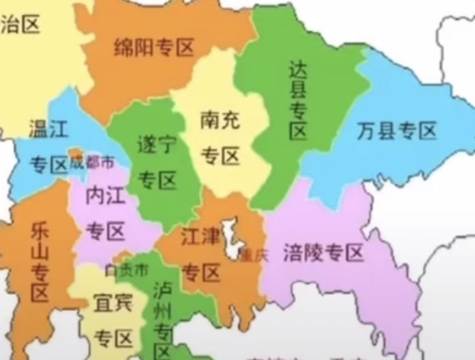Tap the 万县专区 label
(396, 131)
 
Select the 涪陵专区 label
(323, 252)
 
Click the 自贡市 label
(127, 271)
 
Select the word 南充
(220, 120)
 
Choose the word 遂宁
(157, 146)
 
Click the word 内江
(105, 197)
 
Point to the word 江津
(201, 236)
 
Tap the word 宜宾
(114, 304)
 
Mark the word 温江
(48, 129)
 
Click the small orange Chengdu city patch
(75, 153)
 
